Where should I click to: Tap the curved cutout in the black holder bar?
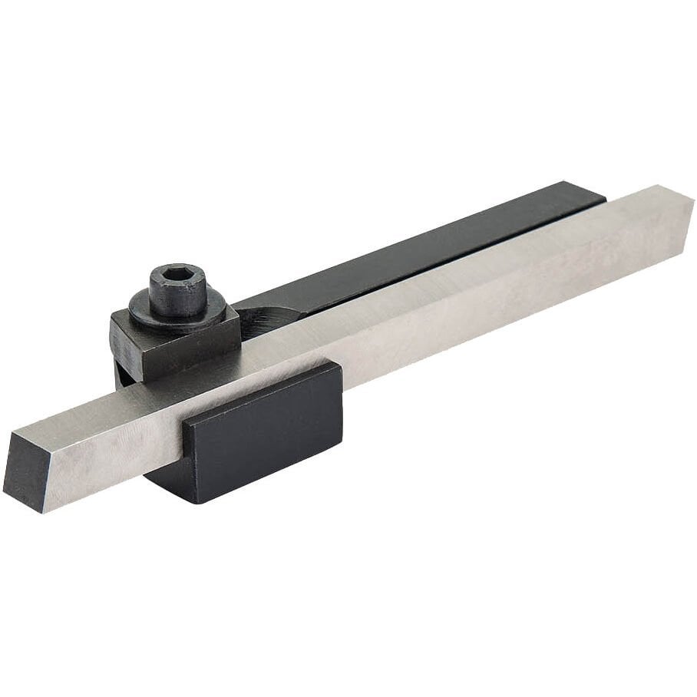point(265,315)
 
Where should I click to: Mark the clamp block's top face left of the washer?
point(130,315)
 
